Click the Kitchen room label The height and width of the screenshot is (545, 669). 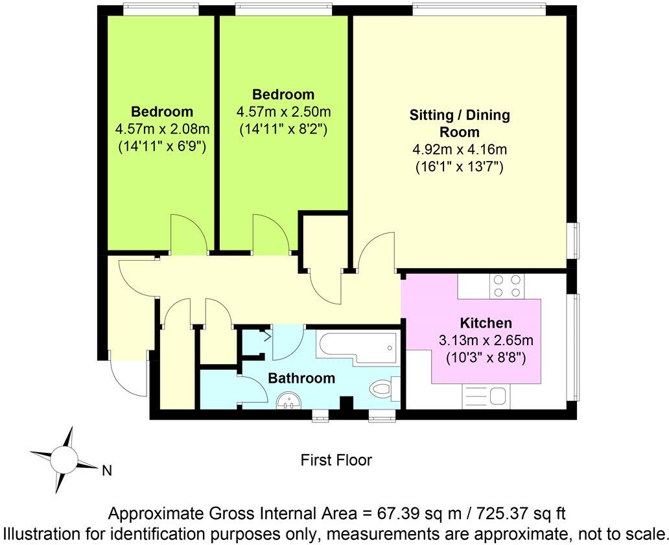pos(486,323)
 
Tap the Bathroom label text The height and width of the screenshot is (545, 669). pos(301,378)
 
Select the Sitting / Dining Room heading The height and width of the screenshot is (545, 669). pos(460,123)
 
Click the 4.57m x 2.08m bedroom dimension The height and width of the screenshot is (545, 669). pos(162,128)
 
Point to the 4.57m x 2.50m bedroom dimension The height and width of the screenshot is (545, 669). pos(283,112)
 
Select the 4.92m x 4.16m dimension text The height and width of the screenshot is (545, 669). pos(460,150)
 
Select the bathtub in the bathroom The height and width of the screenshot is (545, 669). pos(356,348)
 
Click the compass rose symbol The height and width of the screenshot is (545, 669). pos(65,461)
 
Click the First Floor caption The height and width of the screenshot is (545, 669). pos(336,460)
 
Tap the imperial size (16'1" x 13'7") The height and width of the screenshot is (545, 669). pos(460,167)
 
